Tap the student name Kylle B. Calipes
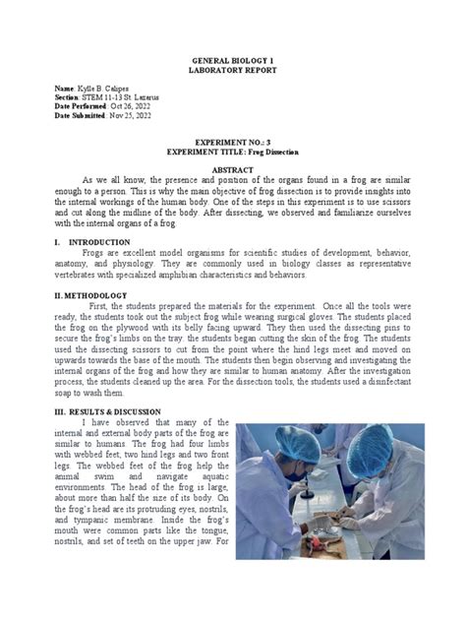pos(110,89)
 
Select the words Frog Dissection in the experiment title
pos(292,153)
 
